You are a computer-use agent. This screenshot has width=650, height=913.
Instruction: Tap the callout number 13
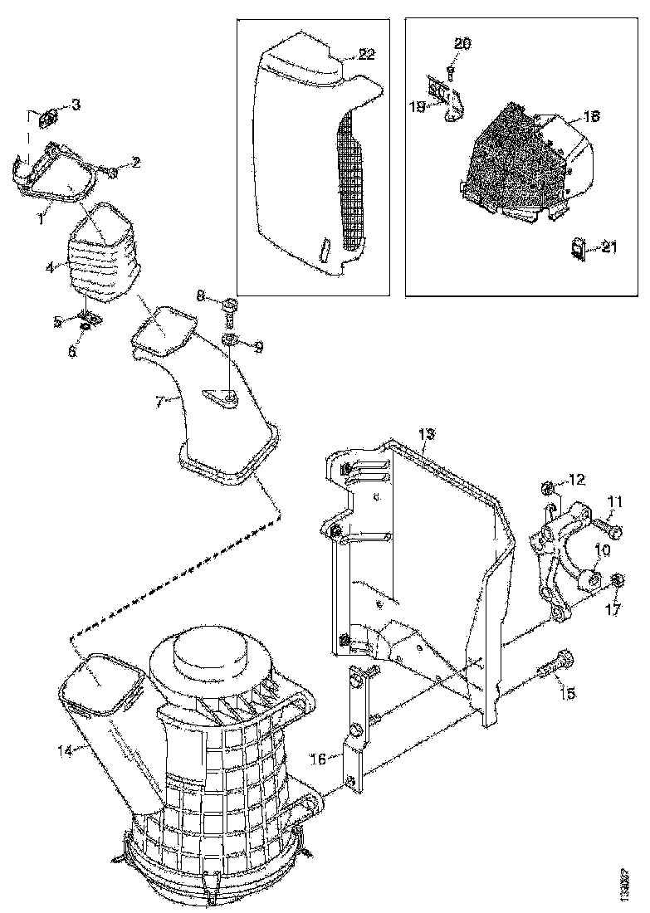pyautogui.click(x=426, y=434)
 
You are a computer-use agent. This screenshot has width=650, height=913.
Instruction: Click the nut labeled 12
pyautogui.click(x=548, y=487)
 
